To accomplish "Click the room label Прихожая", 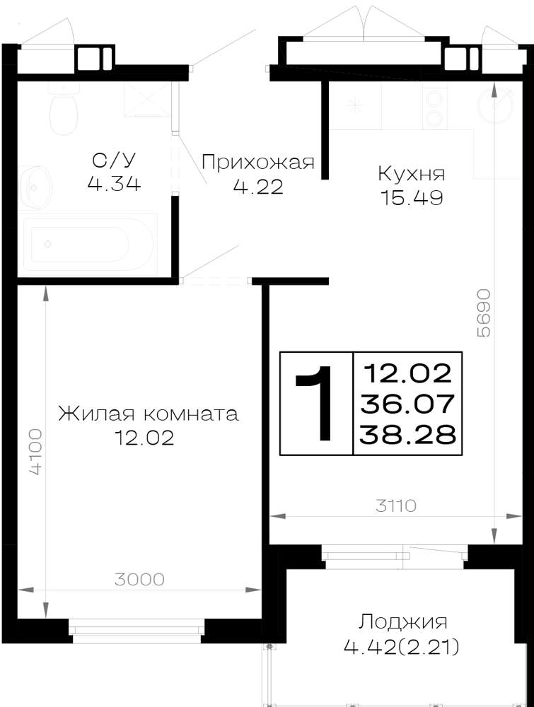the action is (257, 162).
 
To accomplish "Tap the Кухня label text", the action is (412, 174).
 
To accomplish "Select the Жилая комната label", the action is (149, 414).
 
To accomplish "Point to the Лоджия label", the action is (402, 623).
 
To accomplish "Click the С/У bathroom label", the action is (114, 160).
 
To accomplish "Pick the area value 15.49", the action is (412, 197).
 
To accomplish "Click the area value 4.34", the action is (114, 184).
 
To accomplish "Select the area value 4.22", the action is (258, 187).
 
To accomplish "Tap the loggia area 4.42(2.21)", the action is (402, 648).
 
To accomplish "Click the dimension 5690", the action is (483, 312).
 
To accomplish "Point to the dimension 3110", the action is (396, 506).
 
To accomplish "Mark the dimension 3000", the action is (139, 580).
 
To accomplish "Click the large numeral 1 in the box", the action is (316, 403).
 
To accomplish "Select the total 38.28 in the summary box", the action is (407, 435).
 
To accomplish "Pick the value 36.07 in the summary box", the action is (407, 404).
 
